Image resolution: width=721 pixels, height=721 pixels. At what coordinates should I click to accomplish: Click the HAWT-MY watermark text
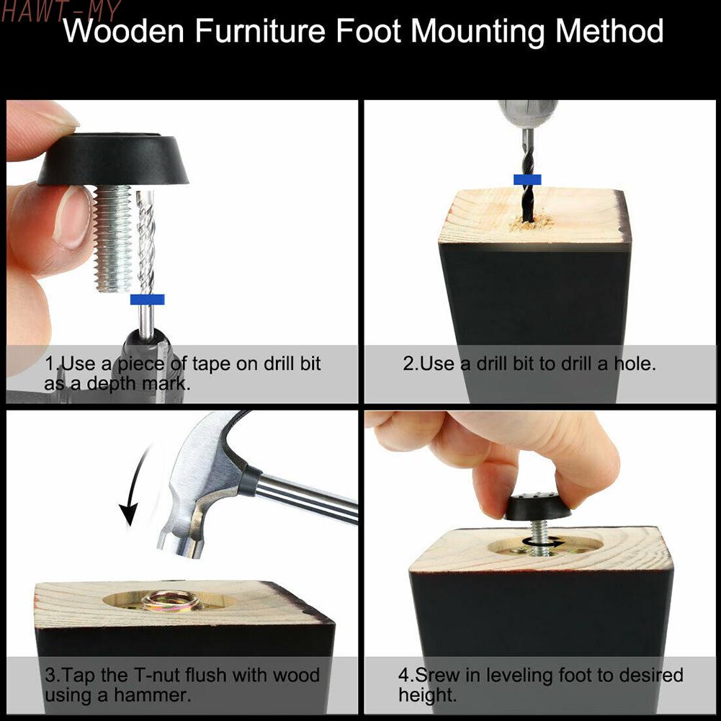click(x=61, y=11)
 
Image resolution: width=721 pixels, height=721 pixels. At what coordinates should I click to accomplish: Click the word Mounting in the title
click(x=479, y=32)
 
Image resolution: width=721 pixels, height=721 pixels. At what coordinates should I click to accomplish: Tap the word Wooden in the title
click(x=123, y=31)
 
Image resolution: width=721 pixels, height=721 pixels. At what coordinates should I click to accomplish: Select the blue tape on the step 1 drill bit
click(x=147, y=300)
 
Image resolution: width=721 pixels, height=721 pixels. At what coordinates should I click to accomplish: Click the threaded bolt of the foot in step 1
click(x=113, y=238)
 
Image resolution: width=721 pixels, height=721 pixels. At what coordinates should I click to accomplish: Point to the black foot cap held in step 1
click(x=113, y=159)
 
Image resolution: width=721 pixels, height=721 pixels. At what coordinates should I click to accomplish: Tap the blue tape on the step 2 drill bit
click(x=527, y=179)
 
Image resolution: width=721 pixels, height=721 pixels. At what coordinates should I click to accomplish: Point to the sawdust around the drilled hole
click(x=531, y=222)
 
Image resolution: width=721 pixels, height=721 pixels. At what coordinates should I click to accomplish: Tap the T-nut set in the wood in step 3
click(x=170, y=601)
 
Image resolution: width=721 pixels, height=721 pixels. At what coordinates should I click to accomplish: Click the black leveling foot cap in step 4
click(x=537, y=506)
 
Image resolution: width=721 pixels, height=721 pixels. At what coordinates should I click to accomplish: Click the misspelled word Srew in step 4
click(x=437, y=675)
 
